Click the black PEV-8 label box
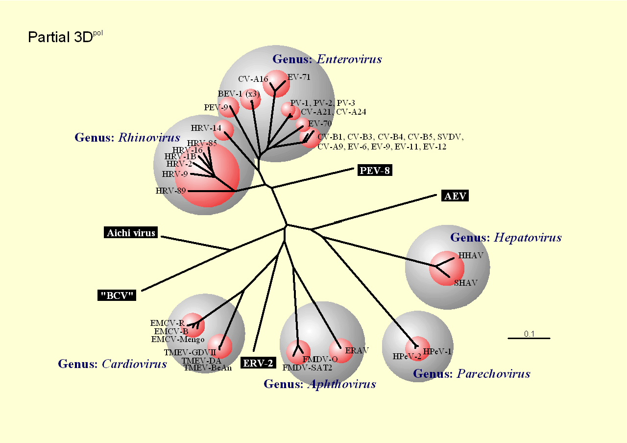pos(375,170)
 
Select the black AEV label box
pos(455,196)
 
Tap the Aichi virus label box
pos(131,232)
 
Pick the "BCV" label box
pos(117,295)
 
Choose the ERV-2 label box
pos(258,363)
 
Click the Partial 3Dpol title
pos(65,37)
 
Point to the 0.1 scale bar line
pos(529,338)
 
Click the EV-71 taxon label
pos(299,77)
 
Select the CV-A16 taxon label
pos(253,79)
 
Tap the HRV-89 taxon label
pos(171,191)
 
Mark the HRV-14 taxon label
pos(206,128)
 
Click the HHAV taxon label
pos(471,255)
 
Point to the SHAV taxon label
pos(466,283)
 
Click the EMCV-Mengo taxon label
pos(178,340)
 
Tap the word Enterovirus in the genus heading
pos(349,59)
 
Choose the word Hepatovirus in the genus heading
pos(528,238)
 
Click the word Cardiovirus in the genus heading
pos(134,364)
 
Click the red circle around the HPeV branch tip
pos(417,348)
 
